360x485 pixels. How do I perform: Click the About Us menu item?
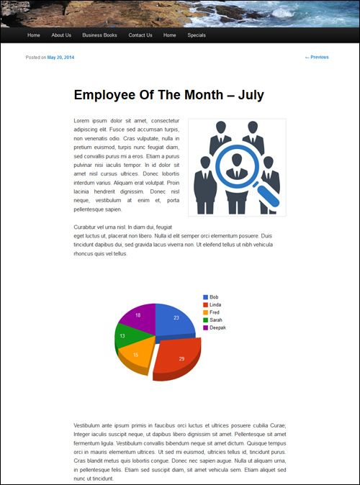61,35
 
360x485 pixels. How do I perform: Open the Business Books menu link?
99,35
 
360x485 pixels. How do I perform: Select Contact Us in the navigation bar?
140,35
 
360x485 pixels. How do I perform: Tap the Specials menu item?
197,35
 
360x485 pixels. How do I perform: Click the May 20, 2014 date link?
60,58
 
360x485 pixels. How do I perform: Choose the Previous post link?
317,58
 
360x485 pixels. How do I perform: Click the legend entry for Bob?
213,297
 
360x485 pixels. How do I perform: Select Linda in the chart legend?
215,305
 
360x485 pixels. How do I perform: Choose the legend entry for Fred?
214,312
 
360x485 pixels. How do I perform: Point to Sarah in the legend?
215,320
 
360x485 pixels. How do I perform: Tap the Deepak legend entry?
217,327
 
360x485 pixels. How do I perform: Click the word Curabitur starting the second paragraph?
88,227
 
